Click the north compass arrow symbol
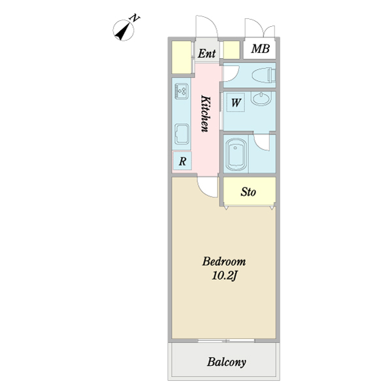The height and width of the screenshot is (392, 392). click(x=122, y=29)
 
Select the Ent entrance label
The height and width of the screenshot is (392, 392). click(x=208, y=53)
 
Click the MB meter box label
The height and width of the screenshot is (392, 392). click(x=260, y=50)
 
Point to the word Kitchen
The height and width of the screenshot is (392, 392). click(x=204, y=114)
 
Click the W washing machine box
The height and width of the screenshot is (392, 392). click(x=235, y=103)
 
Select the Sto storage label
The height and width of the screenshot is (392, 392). click(x=248, y=192)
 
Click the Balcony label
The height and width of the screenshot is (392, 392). click(x=227, y=362)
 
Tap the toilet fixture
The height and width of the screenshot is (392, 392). click(x=265, y=74)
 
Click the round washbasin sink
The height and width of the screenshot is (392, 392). click(x=261, y=102)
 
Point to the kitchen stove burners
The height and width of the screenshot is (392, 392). click(x=182, y=91)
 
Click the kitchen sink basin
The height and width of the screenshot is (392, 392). click(x=182, y=135)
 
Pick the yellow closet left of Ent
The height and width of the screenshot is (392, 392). click(x=181, y=57)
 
